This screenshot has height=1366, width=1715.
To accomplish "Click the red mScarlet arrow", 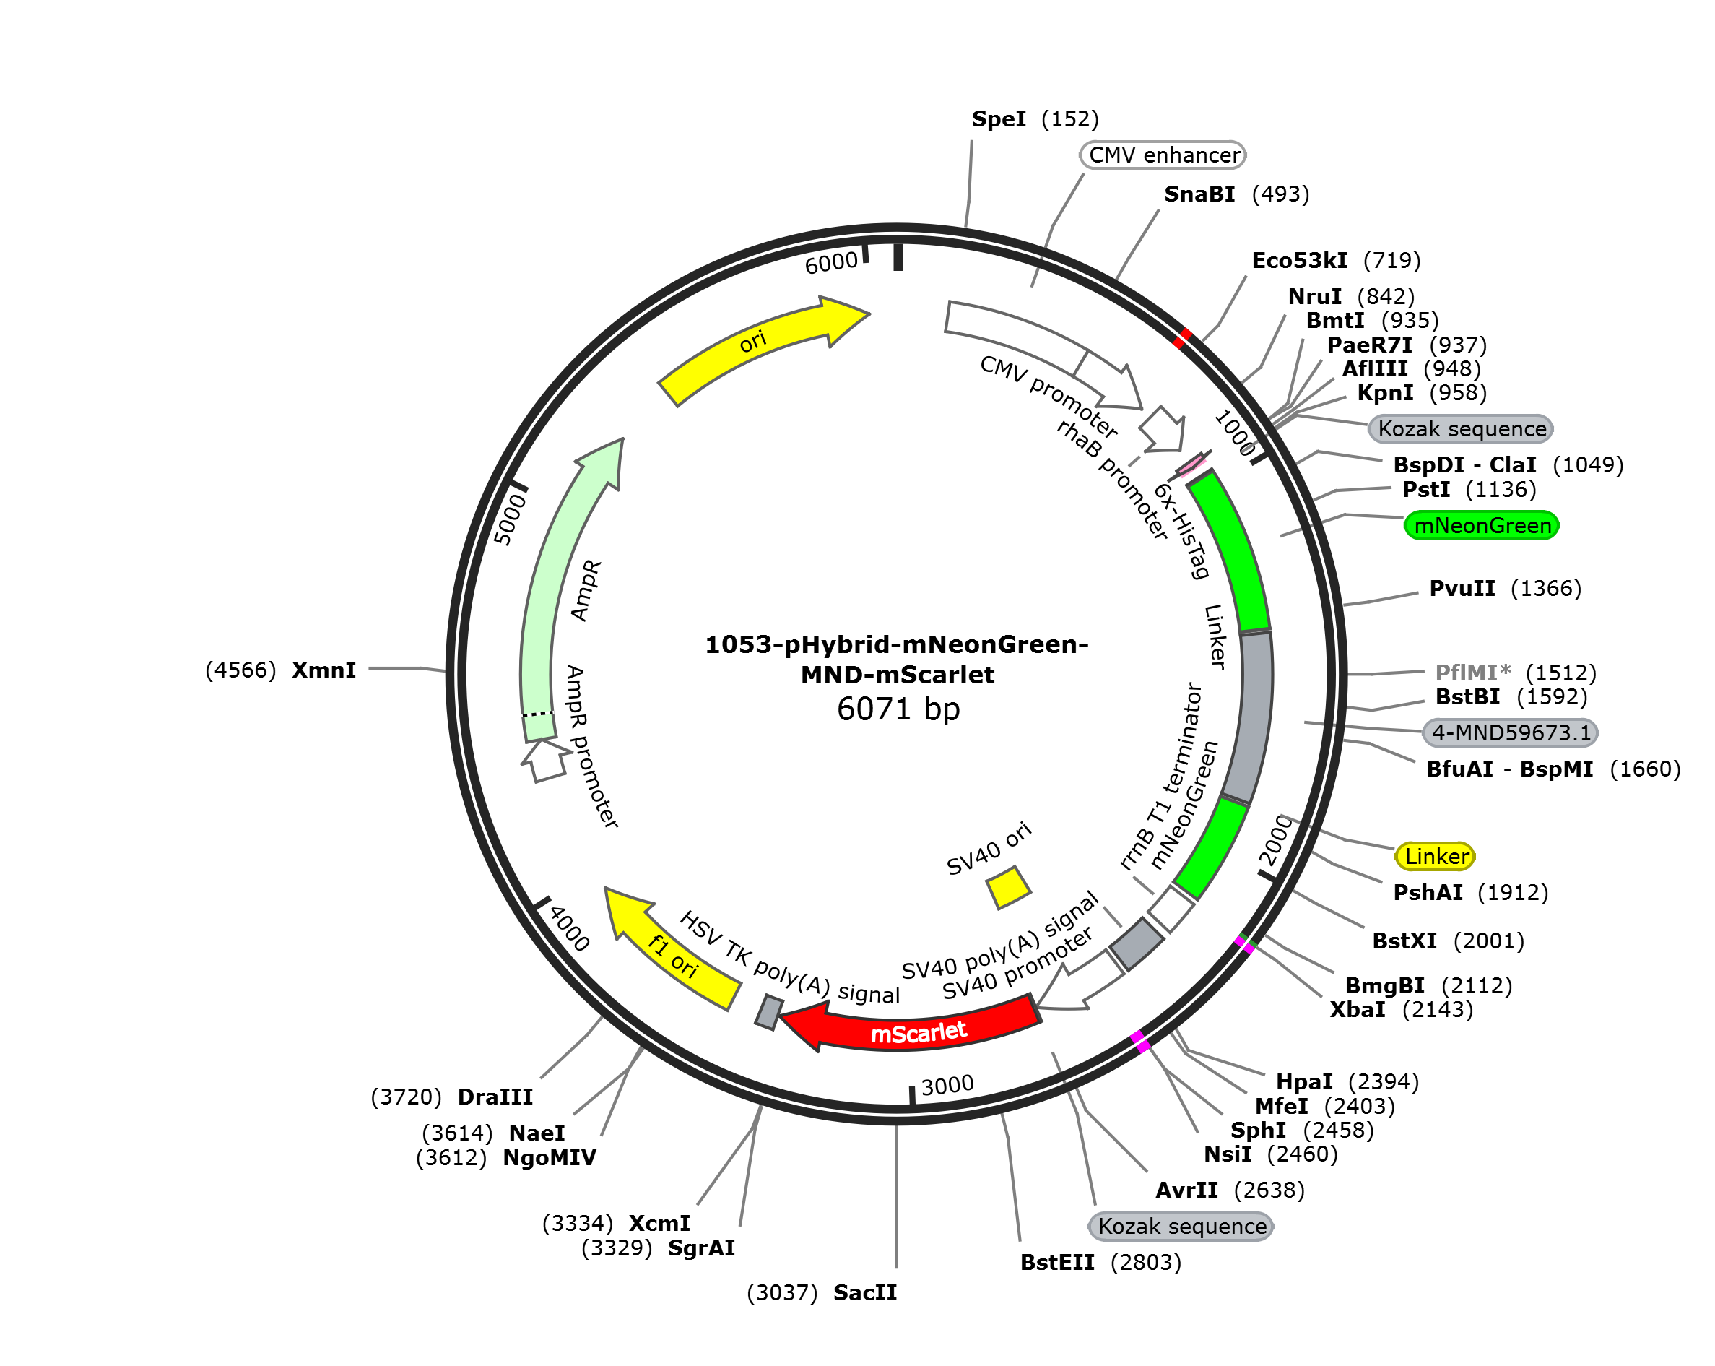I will (915, 1029).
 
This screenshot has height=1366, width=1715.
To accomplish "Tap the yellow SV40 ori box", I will (1008, 886).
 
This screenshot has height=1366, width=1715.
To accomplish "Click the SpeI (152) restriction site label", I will (1034, 119).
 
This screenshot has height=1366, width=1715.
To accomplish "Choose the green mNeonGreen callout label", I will (1481, 526).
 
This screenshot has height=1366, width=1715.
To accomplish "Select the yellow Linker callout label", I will (1435, 856).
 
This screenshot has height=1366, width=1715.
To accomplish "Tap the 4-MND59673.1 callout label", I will (1510, 732).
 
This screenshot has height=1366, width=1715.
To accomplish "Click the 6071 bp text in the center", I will (898, 709).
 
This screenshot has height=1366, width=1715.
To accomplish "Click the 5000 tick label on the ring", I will (510, 519).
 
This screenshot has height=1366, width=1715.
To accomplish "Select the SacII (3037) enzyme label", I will (821, 1293).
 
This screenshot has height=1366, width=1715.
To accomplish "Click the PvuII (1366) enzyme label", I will (1504, 589).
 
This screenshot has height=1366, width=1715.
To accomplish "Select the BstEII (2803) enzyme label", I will (1100, 1263).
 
